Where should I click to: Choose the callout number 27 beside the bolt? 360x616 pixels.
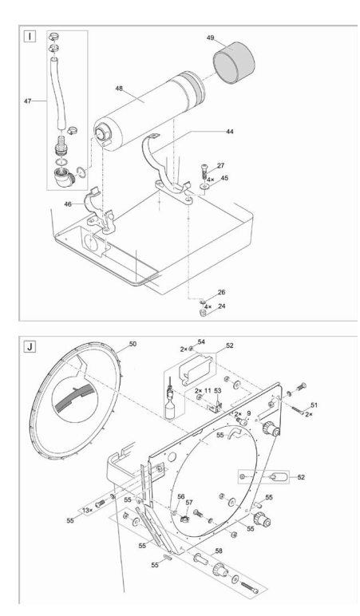click(221, 165)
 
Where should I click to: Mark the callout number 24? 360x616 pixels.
click(221, 306)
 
